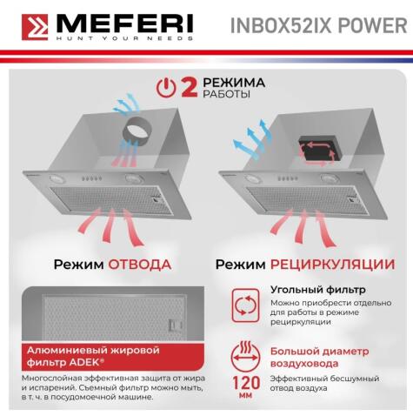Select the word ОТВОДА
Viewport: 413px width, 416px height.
pos(139,264)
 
